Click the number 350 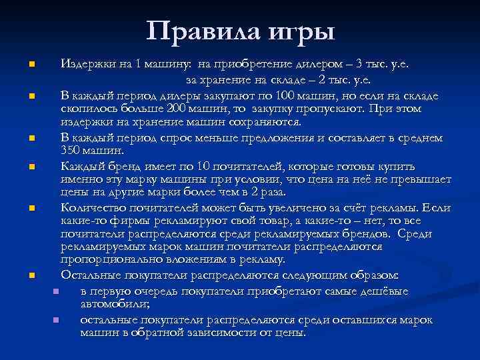[x=71, y=151]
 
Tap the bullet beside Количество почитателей [x=31, y=209]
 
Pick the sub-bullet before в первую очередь [x=55, y=291]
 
